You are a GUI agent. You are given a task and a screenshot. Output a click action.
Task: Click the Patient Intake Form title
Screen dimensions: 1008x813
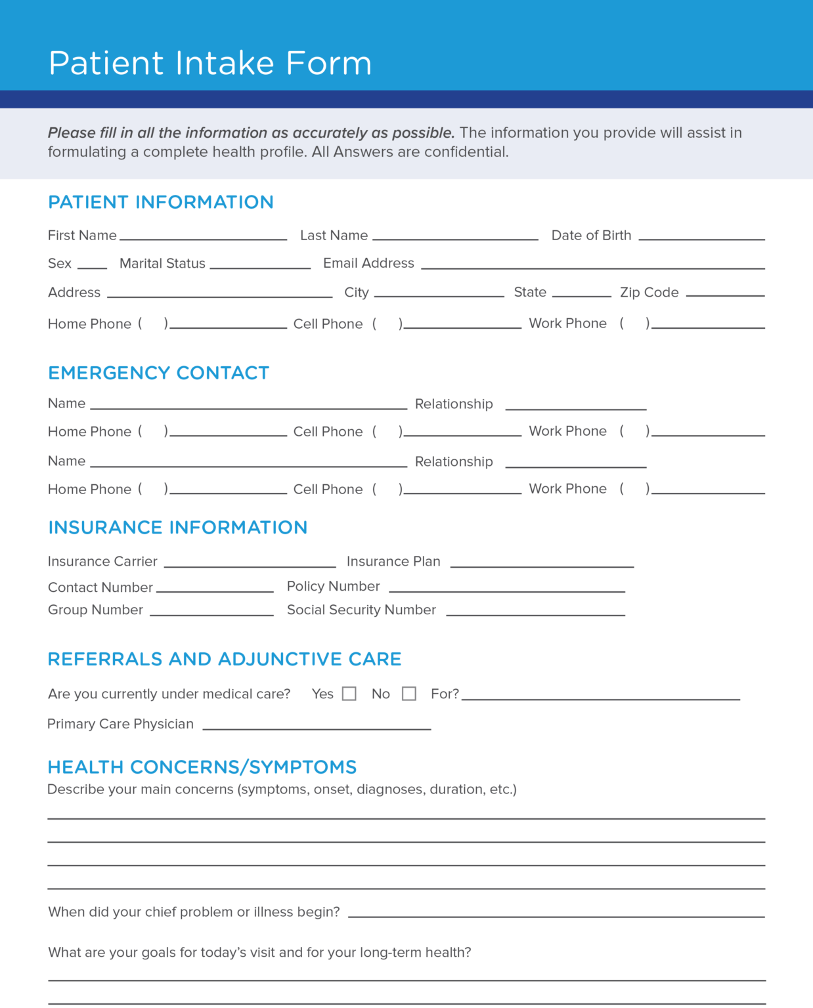[x=210, y=63]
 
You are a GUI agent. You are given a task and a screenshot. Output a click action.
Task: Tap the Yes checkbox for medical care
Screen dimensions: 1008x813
[x=349, y=694]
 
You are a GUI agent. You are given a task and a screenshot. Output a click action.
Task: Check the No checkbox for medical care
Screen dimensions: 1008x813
[x=409, y=694]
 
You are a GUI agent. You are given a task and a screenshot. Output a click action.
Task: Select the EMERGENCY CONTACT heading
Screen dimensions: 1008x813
[x=159, y=373]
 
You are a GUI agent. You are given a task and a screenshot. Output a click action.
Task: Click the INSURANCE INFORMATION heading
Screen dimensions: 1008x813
[x=178, y=528]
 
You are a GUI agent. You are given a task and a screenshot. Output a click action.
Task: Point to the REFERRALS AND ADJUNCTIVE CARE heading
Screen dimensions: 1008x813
[x=225, y=659]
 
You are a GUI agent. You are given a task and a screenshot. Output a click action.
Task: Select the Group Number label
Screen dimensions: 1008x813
[x=95, y=610]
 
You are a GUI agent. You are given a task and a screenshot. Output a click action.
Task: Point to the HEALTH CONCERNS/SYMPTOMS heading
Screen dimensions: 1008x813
[x=202, y=766]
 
